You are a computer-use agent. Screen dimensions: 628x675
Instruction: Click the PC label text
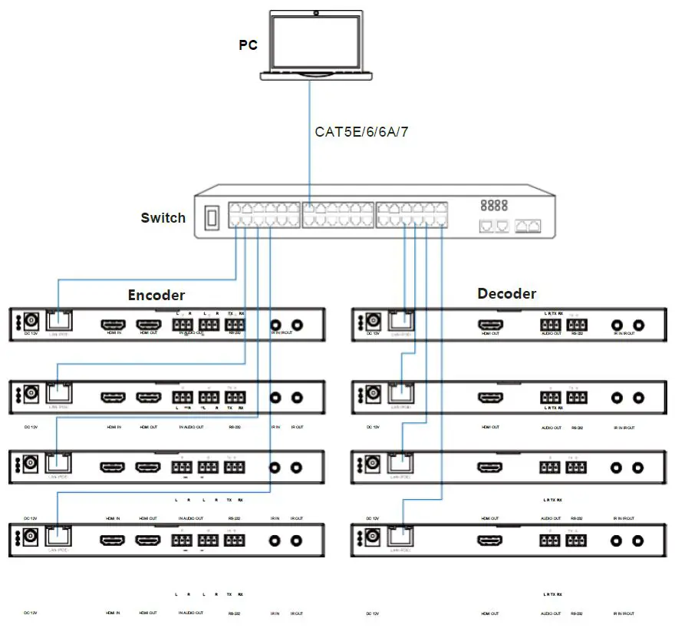(x=248, y=45)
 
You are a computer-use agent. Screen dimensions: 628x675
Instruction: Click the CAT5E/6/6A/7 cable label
(x=361, y=131)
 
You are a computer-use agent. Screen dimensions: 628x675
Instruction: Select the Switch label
(x=163, y=218)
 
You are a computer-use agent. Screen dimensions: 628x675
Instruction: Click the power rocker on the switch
(x=212, y=220)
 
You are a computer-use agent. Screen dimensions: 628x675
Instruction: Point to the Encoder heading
(x=156, y=295)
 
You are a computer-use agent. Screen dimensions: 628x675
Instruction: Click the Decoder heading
(x=506, y=293)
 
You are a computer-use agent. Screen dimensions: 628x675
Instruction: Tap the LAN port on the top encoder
(x=60, y=322)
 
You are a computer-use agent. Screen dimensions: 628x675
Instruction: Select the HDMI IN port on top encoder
(x=114, y=325)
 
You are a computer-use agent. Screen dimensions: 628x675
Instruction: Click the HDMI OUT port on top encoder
(x=149, y=325)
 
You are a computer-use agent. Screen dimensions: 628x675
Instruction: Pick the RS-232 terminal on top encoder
(x=235, y=326)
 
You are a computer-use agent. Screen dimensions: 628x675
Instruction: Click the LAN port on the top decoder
(x=400, y=322)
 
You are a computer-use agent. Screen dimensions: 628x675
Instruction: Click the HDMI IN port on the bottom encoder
(x=114, y=540)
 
